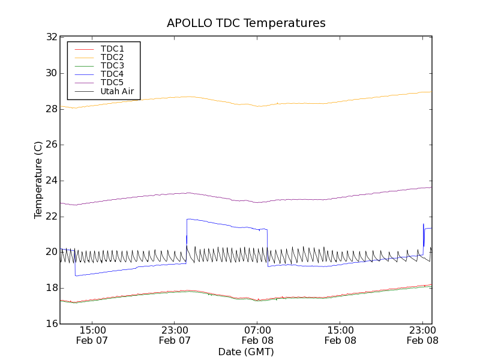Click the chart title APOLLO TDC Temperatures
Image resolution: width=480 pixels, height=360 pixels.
point(246,23)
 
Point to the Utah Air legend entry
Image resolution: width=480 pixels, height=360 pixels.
point(117,92)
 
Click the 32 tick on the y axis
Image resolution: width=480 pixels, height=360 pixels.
point(52,37)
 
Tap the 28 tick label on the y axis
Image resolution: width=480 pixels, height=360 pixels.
point(52,109)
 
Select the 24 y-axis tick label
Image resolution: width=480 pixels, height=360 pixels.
point(52,181)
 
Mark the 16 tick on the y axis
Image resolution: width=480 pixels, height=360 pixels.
point(52,324)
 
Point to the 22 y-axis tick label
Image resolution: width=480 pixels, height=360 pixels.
point(52,217)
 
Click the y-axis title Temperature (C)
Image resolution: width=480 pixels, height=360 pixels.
point(38,180)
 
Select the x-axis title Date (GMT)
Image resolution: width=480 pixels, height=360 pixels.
point(246,352)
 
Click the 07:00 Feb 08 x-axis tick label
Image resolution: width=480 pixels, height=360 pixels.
point(257,335)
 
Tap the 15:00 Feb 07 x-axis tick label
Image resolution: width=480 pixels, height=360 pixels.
point(92,335)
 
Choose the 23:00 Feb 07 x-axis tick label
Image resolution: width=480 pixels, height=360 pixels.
point(175,335)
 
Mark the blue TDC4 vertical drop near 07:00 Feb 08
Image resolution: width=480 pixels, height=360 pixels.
point(268,247)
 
